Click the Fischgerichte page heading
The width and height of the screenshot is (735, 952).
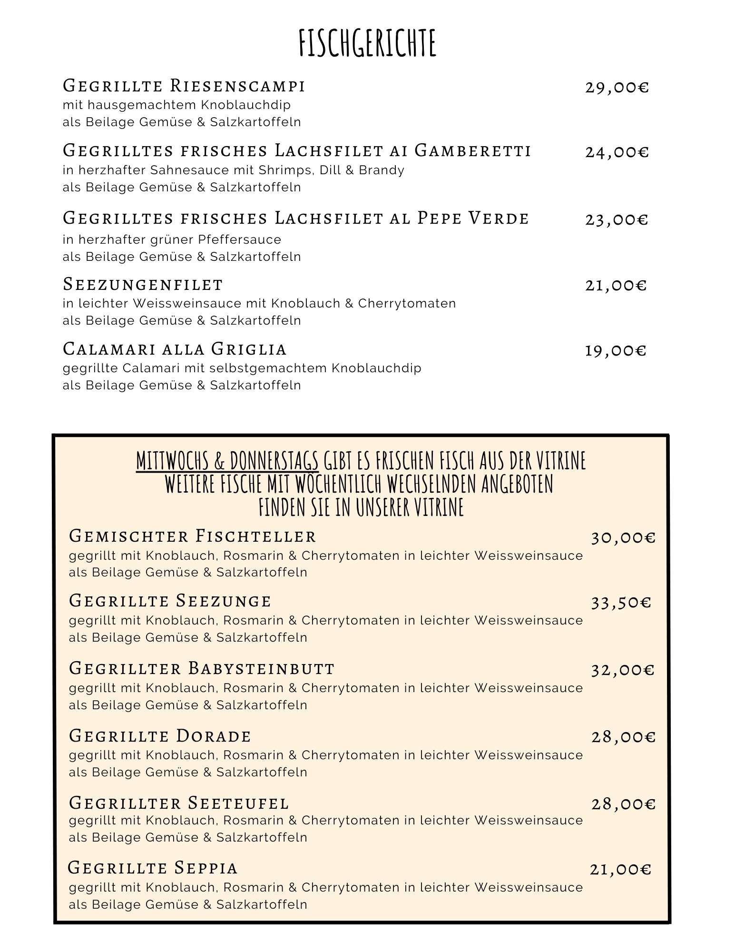click(367, 43)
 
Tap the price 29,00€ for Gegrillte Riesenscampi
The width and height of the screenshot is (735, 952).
click(617, 88)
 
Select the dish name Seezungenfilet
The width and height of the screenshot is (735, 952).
click(143, 285)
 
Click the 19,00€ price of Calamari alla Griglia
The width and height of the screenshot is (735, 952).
click(615, 351)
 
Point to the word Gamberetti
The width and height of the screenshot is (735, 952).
click(472, 151)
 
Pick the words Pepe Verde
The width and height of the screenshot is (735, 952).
click(473, 218)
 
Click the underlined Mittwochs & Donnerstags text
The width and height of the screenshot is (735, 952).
click(227, 461)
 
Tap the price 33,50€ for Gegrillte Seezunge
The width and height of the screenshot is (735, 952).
click(621, 603)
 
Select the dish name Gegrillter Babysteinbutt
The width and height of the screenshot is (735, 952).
click(202, 668)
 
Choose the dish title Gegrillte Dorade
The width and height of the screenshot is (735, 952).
click(160, 736)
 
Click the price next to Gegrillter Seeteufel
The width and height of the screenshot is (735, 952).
click(623, 804)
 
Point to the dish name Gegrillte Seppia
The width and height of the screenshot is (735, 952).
click(153, 868)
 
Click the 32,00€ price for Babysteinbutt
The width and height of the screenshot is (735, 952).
click(623, 670)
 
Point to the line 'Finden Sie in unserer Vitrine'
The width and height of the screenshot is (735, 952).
click(361, 507)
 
